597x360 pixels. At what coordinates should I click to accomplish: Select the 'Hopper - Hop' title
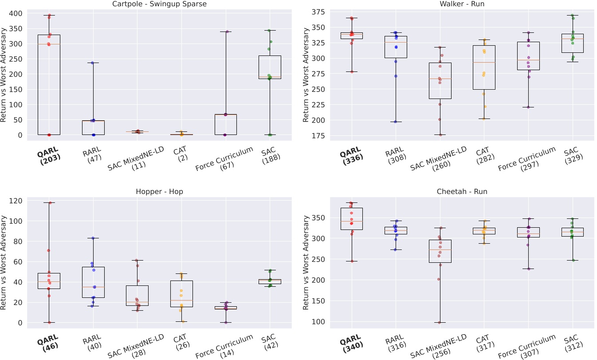point(159,192)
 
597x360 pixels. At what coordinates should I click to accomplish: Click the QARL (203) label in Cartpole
point(48,154)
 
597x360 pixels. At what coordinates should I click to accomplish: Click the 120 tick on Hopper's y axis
point(16,201)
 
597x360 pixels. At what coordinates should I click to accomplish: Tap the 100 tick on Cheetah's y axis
point(318,321)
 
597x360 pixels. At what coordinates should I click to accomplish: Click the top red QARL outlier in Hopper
point(50,203)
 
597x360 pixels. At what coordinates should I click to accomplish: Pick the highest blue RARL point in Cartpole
point(93,63)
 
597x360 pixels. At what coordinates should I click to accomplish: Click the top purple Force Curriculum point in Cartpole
point(226,32)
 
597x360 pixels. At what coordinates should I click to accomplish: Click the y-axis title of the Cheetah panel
point(306,262)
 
